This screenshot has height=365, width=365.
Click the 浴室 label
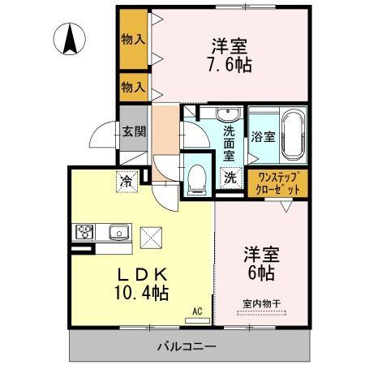[x=264, y=136]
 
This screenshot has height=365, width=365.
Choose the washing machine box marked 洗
[x=230, y=177]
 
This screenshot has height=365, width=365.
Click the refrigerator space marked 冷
[x=127, y=180]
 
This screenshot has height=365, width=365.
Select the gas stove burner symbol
[x=85, y=232]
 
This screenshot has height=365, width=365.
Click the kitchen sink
[x=119, y=233]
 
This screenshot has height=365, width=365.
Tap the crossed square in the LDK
[x=152, y=237]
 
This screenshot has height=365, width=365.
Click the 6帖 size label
[x=261, y=273]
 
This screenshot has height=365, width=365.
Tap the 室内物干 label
[x=261, y=303]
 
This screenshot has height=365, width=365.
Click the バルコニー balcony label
[x=186, y=346]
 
